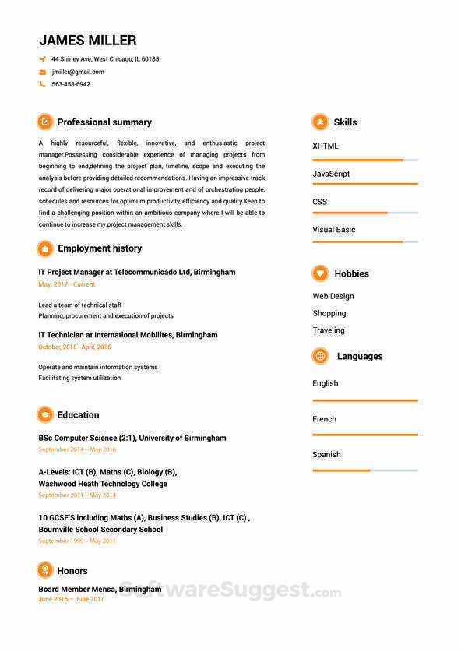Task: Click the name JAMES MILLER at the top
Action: coord(88,41)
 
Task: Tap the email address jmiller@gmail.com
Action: coord(78,72)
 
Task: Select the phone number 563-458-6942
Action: coord(71,84)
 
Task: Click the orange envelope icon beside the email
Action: coord(42,72)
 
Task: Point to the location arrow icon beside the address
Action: coord(42,59)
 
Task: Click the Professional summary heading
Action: coord(104,122)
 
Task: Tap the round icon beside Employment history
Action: coord(45,248)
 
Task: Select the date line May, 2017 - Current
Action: coord(66,284)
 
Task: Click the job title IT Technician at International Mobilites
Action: coord(128,335)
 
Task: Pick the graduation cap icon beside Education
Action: coord(45,415)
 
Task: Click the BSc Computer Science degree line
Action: coord(132,439)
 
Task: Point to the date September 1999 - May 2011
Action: coord(77,541)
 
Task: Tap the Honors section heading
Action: coord(72,571)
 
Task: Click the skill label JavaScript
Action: coord(331,174)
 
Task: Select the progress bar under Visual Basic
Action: coord(364,241)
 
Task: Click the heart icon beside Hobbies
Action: coord(320,273)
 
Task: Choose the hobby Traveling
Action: coord(329,330)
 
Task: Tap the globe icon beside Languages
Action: coord(320,356)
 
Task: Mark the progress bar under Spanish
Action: coord(364,470)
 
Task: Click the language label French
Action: coord(325,419)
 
